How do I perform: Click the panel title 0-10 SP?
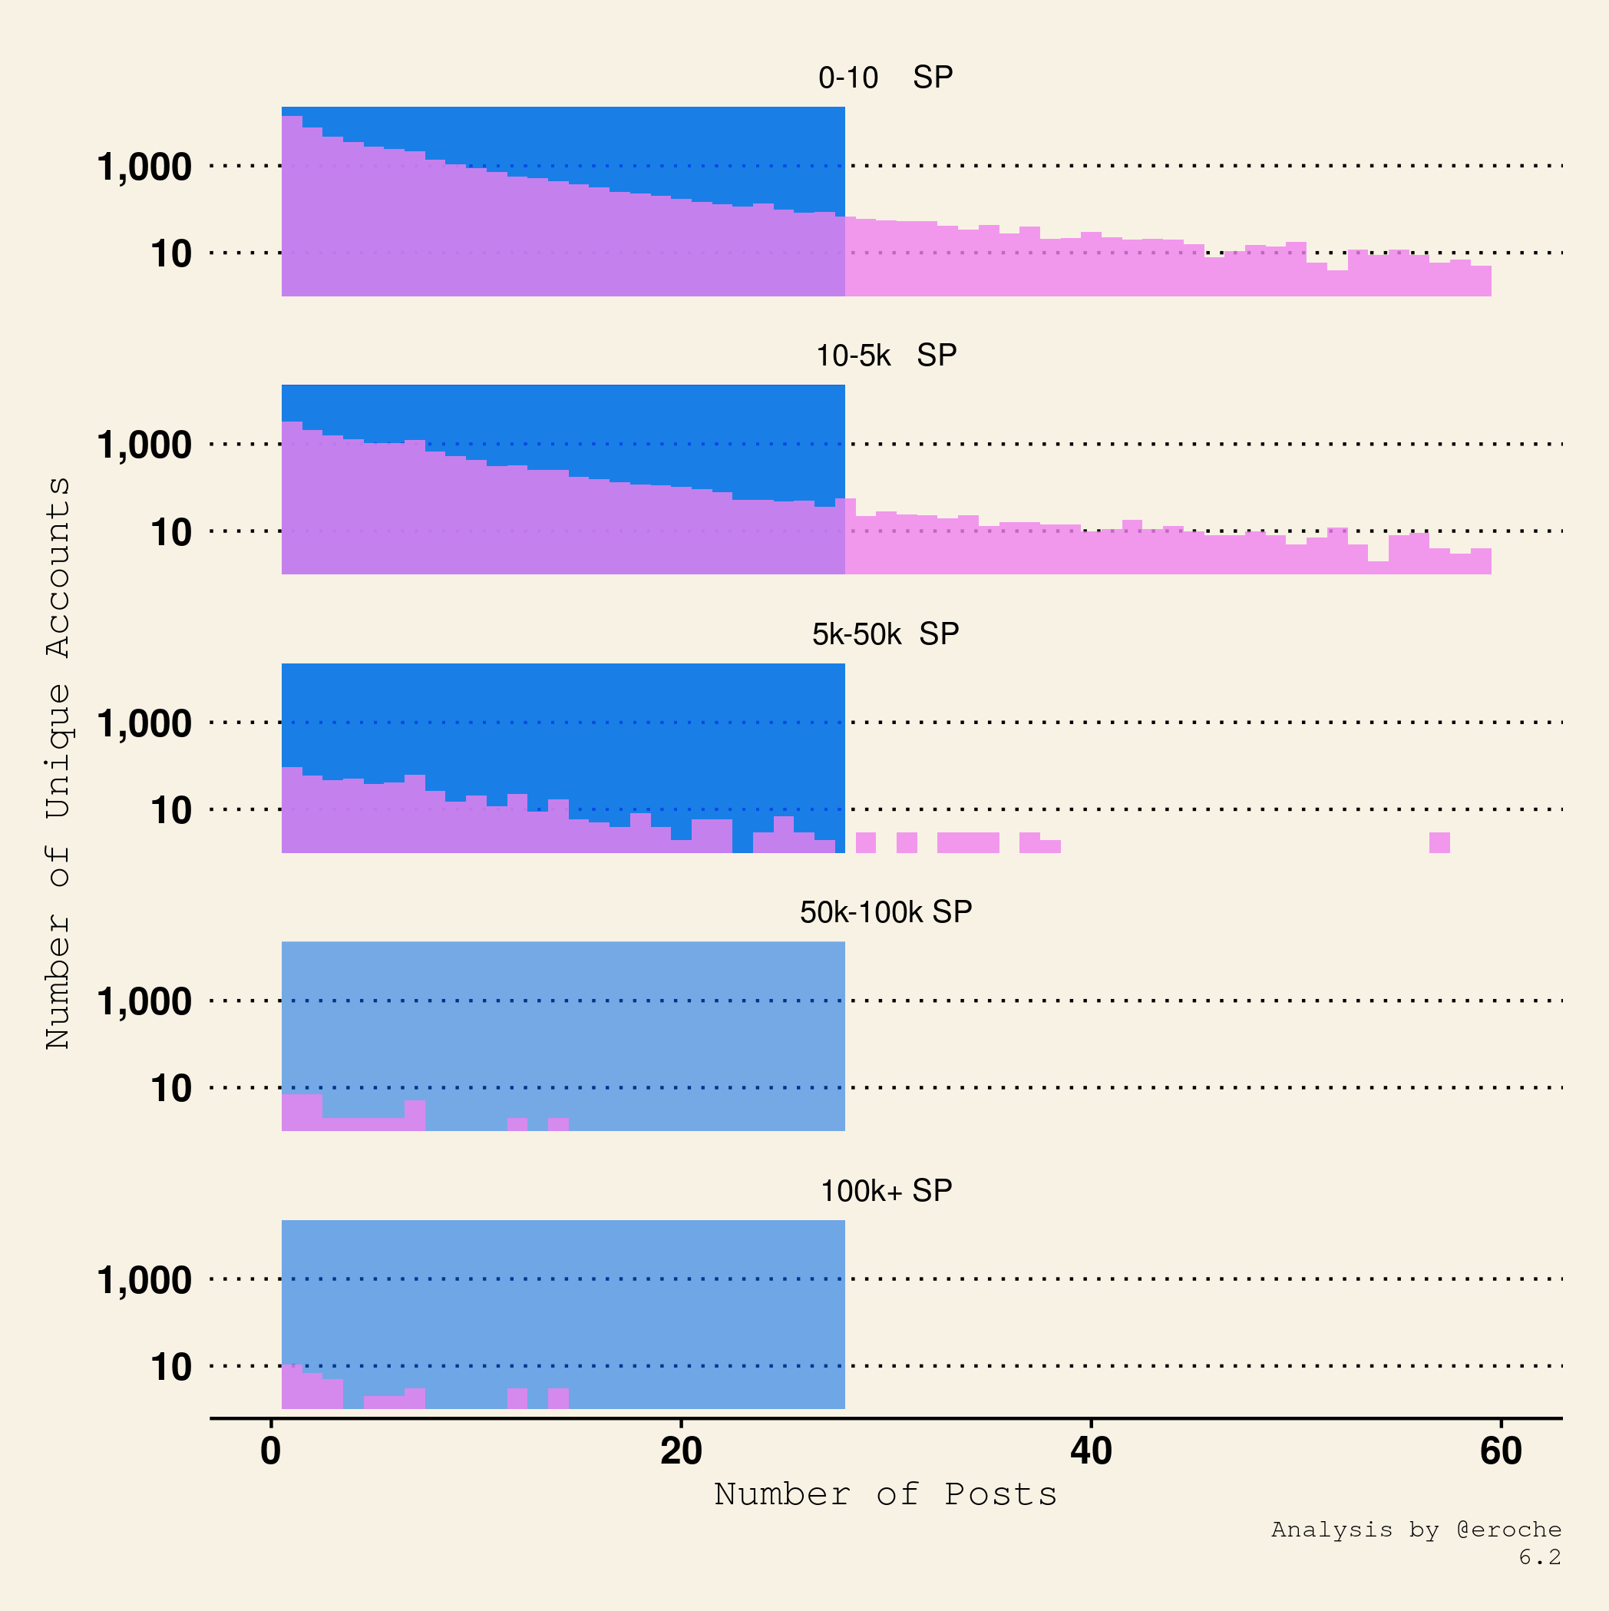tap(885, 78)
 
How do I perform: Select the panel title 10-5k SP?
tap(885, 356)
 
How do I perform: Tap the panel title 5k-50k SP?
tap(885, 634)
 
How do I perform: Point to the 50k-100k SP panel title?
tap(885, 912)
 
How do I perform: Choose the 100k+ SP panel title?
tap(885, 1191)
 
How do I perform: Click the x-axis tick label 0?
tap(270, 1452)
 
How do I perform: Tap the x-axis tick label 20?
tap(681, 1452)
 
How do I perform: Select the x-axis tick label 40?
tap(1091, 1452)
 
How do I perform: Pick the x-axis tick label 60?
tap(1501, 1452)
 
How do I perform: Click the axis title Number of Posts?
tap(885, 1494)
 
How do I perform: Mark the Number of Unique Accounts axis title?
tap(58, 763)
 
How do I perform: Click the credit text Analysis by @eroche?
tap(1416, 1530)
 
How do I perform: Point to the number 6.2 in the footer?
tap(1539, 1556)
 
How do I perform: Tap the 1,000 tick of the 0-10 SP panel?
tap(144, 167)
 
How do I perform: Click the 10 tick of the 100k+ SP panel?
tap(171, 1368)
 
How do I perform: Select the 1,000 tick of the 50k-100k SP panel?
tap(144, 1001)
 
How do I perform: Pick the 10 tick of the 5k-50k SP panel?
tap(171, 811)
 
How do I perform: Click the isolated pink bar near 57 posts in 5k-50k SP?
tap(1439, 843)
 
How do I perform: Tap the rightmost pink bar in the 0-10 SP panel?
tap(1481, 281)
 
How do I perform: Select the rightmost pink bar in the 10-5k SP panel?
tap(1481, 561)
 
